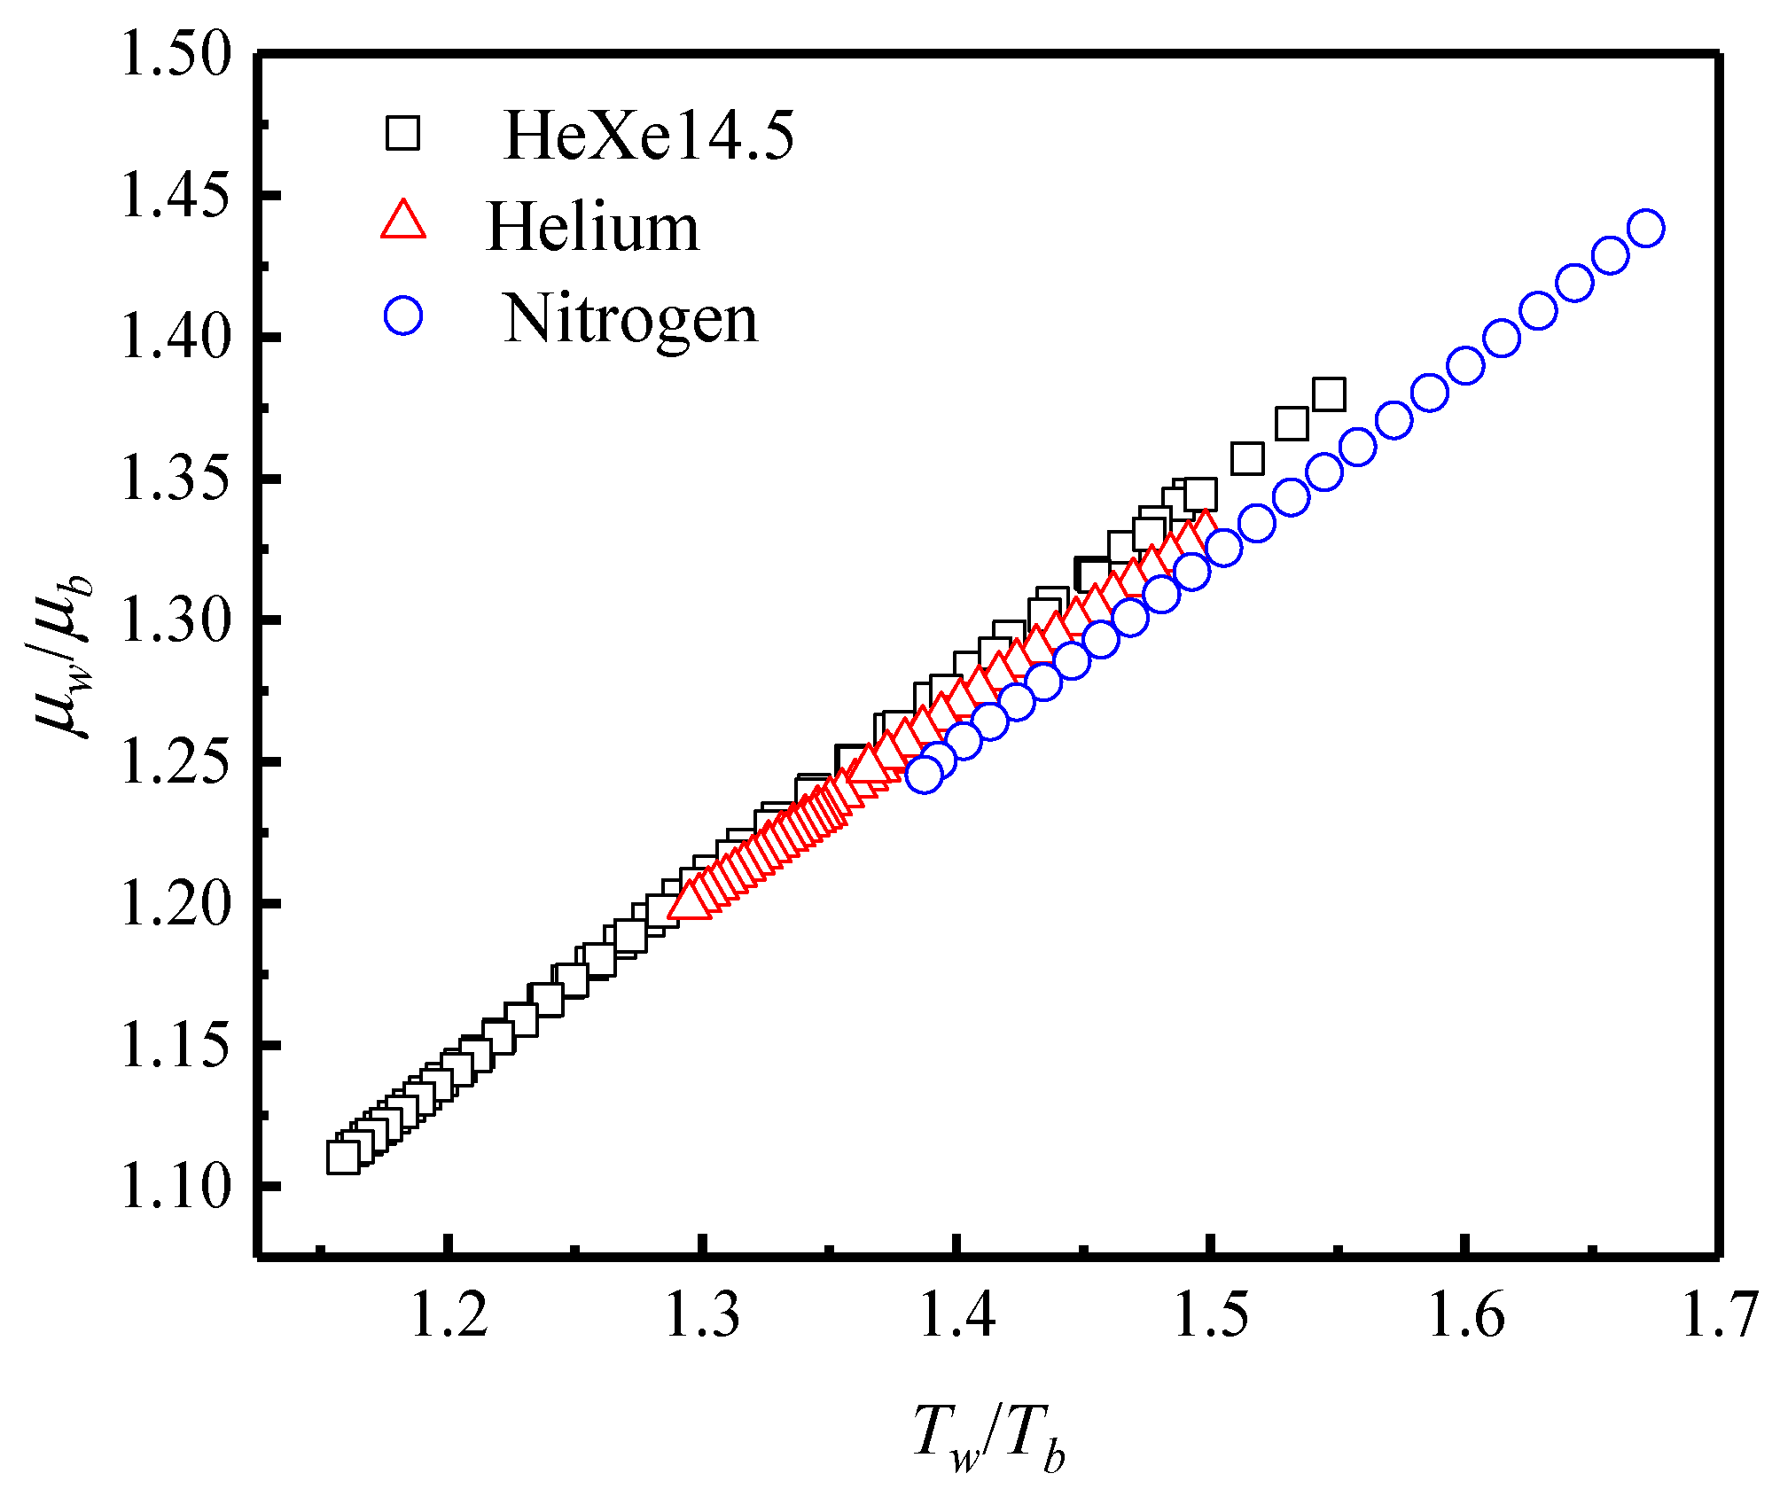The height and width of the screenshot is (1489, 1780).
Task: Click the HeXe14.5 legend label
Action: (648, 136)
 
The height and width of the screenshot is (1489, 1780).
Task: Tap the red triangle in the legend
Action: (403, 222)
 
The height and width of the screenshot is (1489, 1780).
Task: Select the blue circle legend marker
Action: (403, 316)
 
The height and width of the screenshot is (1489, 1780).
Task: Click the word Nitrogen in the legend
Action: (630, 319)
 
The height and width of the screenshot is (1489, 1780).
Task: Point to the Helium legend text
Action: (592, 228)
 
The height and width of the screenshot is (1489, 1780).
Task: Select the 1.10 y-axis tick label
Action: (176, 1187)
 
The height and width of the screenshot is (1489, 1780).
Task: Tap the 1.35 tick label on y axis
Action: (176, 479)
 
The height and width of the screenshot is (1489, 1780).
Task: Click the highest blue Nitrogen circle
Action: (1646, 229)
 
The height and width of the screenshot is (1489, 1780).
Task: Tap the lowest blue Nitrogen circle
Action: (925, 775)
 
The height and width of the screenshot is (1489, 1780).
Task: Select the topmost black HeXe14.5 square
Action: (1329, 394)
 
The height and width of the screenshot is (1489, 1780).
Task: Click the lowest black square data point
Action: (343, 1158)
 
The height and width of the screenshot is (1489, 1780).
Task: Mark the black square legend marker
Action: (402, 134)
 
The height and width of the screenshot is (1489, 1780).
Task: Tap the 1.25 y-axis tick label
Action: (176, 762)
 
